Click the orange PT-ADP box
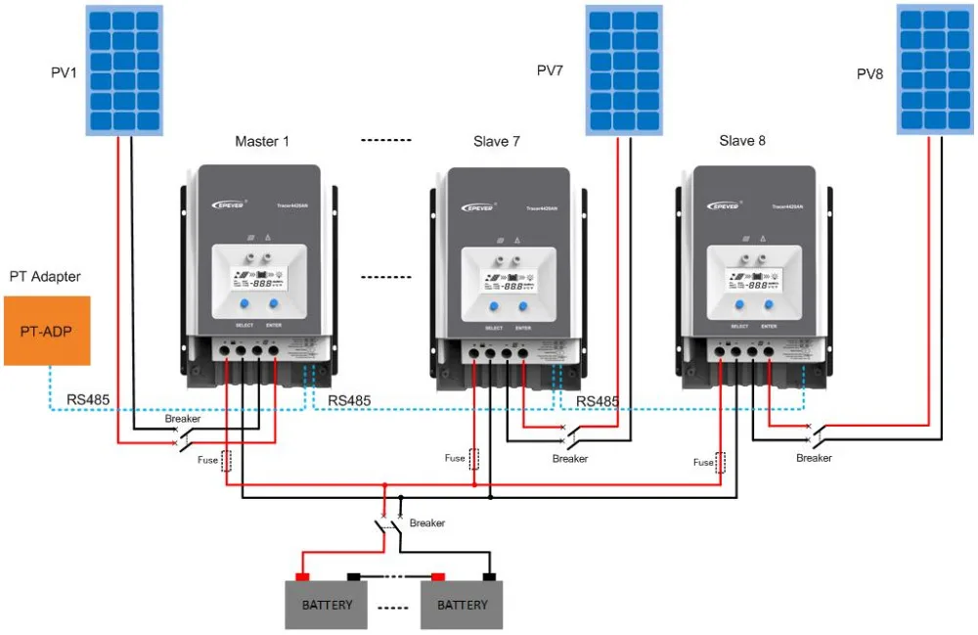point(47,331)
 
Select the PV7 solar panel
point(623,70)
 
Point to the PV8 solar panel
point(935,70)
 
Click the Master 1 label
point(262,142)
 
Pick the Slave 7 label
point(497,142)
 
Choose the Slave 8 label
point(742,141)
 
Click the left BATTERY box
point(327,605)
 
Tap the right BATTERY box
point(462,605)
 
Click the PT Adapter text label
point(45,277)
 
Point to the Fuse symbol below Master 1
point(227,461)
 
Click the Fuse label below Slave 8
point(703,462)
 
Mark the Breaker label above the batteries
point(427,523)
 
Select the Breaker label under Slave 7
point(570,458)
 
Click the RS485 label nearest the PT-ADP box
point(87,399)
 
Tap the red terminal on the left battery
point(303,576)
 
